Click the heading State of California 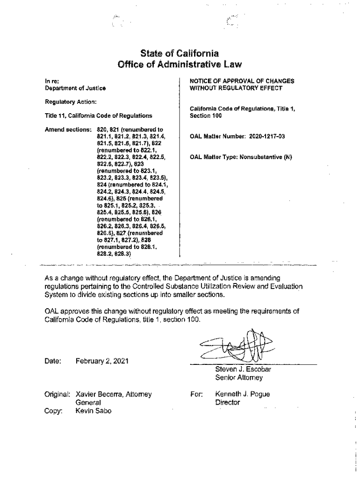180,53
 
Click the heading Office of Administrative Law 180,64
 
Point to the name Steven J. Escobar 243,369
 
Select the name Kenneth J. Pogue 242,394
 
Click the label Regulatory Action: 71,102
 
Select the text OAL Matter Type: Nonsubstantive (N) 240,157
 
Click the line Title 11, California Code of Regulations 98,116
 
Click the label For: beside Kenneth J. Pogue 196,394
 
